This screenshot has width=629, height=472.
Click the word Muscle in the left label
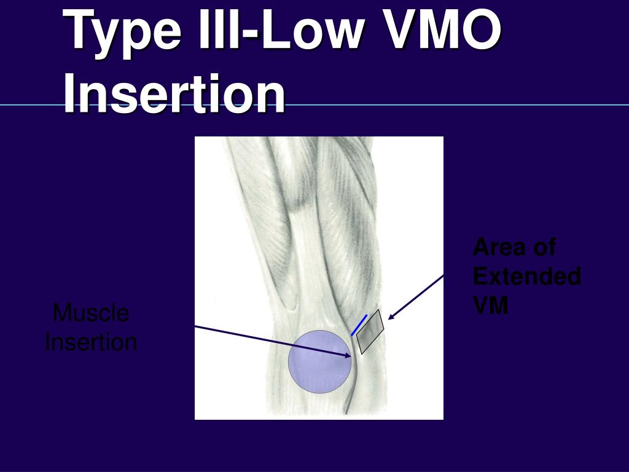click(91, 313)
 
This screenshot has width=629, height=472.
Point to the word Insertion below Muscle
click(91, 342)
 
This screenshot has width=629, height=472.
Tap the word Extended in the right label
click(527, 276)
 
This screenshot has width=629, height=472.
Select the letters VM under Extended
click(491, 305)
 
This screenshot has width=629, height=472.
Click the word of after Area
click(542, 247)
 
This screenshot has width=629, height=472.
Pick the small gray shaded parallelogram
click(370, 332)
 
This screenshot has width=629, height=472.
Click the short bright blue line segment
click(359, 324)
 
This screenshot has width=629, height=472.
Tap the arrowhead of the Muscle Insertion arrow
click(348, 355)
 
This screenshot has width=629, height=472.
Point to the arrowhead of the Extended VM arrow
click(391, 317)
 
